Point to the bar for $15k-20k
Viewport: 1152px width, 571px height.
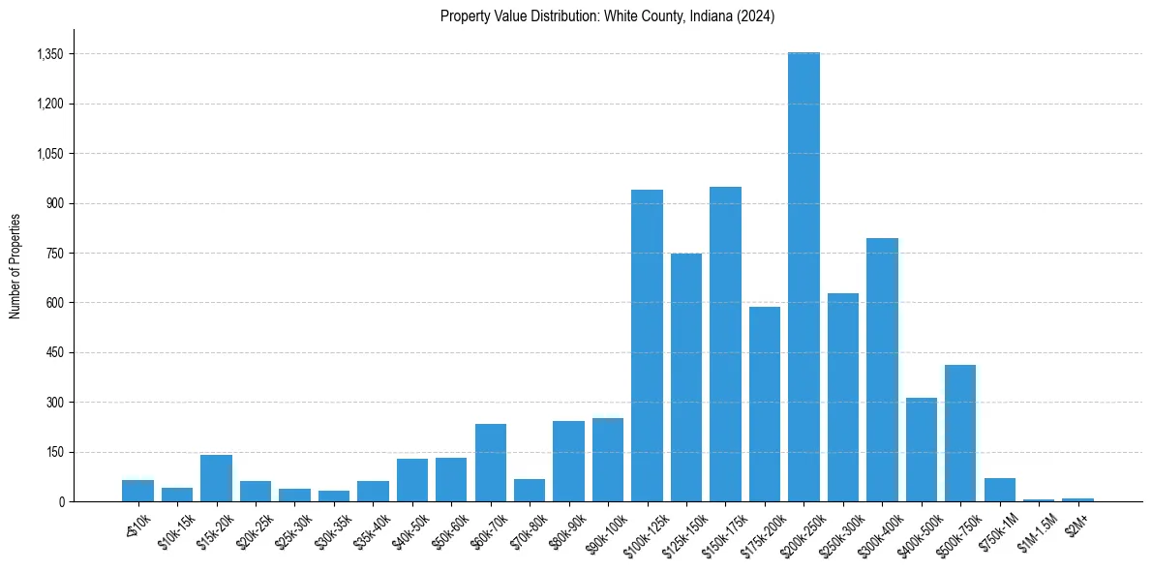click(216, 478)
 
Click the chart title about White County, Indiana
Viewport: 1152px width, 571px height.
click(607, 16)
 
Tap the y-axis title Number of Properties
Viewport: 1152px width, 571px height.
click(15, 265)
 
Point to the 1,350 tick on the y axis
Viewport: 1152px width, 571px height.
click(49, 54)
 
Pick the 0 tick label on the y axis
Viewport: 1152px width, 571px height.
click(61, 501)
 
